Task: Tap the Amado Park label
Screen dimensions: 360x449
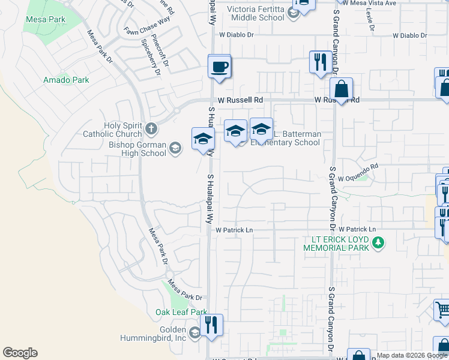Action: point(66,80)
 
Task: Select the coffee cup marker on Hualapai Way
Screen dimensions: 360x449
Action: point(220,67)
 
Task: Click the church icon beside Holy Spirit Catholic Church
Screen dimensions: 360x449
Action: point(151,128)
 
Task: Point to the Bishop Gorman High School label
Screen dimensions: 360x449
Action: point(137,148)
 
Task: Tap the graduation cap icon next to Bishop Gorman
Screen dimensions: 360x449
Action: point(175,148)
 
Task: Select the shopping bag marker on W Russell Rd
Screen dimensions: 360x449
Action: point(341,90)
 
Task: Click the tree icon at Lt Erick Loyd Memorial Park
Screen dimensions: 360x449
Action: point(378,242)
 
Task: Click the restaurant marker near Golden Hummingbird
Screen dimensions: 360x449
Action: point(211,326)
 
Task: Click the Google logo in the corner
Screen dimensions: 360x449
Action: point(20,353)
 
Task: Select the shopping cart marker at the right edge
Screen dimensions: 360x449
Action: point(442,310)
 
